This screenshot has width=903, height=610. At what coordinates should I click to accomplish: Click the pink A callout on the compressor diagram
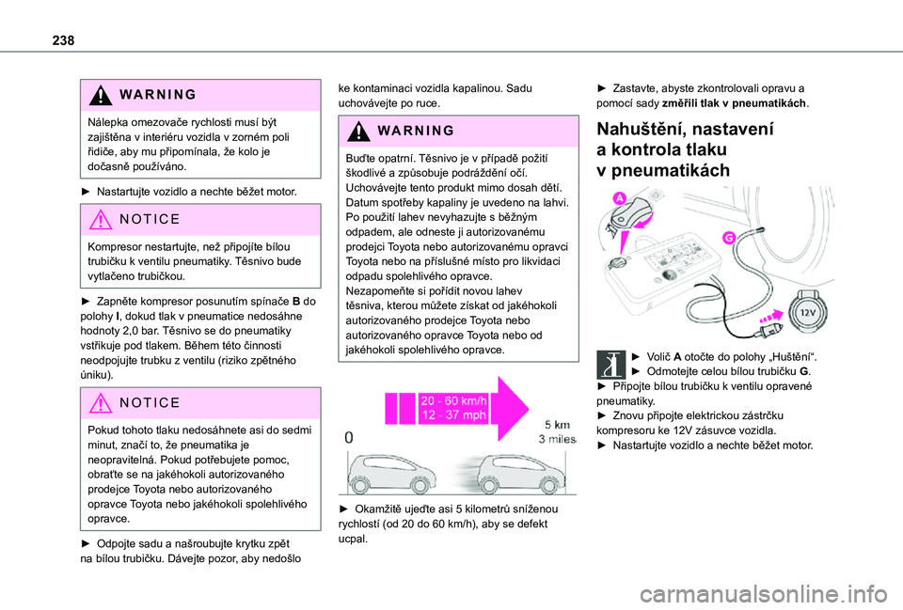[620, 197]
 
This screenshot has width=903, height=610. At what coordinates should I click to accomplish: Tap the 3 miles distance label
[558, 439]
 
